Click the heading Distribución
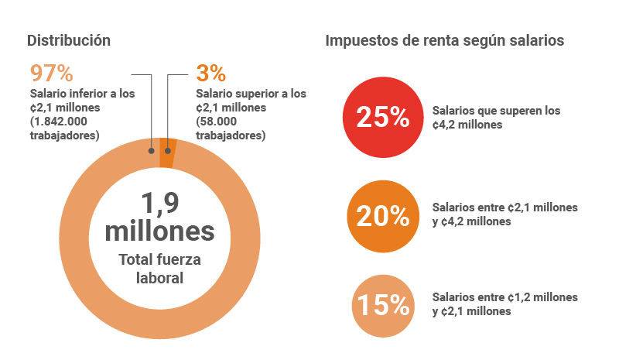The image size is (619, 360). point(69,40)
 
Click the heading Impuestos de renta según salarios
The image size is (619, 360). point(444,40)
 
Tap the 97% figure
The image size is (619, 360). point(51,74)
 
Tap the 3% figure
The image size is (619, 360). point(211,74)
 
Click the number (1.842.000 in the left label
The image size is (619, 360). point(63,122)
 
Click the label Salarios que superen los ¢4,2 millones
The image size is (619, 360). point(496,117)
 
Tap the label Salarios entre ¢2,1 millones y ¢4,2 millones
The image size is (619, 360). point(504,214)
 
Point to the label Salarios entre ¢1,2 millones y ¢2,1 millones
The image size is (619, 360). point(504,304)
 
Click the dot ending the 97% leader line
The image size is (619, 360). point(152,152)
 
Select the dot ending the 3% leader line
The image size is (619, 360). point(167,152)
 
